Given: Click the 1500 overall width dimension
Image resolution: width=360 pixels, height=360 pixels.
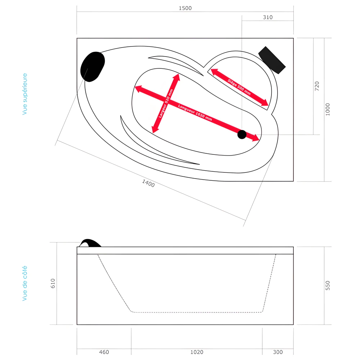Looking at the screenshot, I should click(185, 8).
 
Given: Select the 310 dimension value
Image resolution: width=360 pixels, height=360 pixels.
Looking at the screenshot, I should click(268, 17).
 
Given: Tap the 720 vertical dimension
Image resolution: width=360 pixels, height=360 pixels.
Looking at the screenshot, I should click(317, 86).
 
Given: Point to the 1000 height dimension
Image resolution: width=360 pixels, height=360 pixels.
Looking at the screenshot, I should click(328, 109).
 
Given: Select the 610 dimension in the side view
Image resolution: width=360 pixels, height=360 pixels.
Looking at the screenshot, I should click(53, 283).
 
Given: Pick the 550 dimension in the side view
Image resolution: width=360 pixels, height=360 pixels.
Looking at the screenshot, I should click(328, 285).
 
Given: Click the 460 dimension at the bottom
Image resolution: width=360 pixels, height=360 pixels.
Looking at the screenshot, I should click(104, 352).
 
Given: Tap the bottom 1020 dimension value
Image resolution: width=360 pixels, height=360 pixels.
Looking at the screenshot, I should click(197, 352).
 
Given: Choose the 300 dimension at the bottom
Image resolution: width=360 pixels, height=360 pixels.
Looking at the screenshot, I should click(278, 352).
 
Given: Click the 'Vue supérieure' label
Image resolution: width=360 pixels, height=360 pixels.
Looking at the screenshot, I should click(25, 94).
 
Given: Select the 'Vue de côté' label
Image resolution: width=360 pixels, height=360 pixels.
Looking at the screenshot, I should click(25, 283).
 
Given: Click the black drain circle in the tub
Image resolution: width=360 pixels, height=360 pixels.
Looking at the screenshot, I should click(242, 135).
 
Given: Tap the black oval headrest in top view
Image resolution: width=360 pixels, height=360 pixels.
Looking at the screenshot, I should click(93, 67).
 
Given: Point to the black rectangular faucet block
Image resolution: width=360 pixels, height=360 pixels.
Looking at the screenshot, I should click(272, 60).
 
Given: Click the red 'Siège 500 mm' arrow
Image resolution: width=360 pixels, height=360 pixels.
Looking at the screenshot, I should click(239, 87).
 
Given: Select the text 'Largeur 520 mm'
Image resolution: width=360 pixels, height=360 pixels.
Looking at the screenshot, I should click(166, 104).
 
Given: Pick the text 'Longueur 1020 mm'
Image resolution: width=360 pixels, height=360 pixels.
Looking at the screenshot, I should click(195, 112).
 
